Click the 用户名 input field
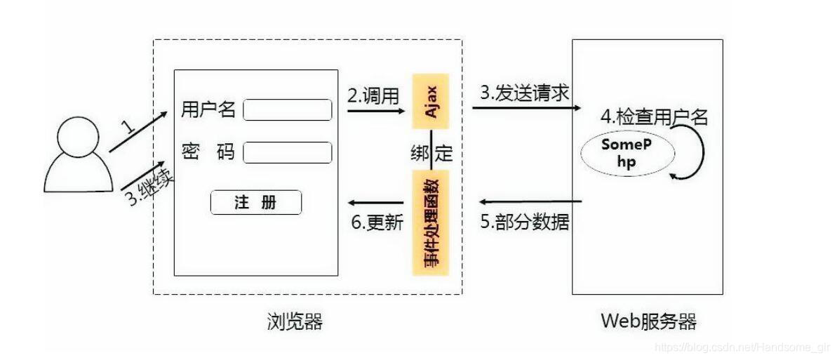(288, 110)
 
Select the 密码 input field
(288, 152)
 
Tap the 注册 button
(256, 203)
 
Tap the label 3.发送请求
(523, 91)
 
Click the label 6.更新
(377, 222)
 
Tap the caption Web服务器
(649, 322)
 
